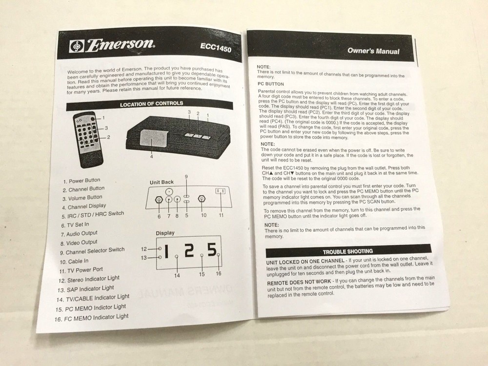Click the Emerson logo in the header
[113, 45]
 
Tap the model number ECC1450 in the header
[215, 48]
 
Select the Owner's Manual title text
[373, 51]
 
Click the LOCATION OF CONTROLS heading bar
[151, 103]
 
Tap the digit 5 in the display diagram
[211, 250]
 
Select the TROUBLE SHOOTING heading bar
[347, 251]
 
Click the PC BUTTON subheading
[271, 84]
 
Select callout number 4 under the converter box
[151, 157]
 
